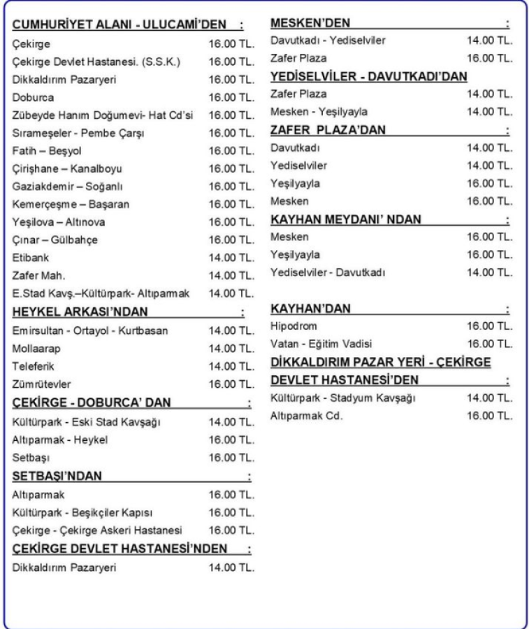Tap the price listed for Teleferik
point(231,366)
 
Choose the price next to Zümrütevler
point(231,384)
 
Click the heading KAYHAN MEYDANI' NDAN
point(346,219)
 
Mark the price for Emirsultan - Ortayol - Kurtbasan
point(231,330)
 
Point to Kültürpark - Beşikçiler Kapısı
point(78,512)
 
